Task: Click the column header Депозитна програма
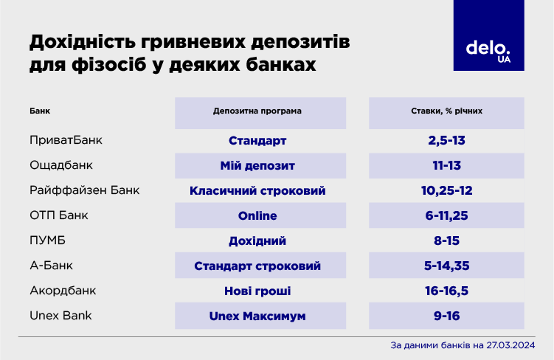point(257,111)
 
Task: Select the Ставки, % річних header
point(448,111)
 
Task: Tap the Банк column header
point(40,111)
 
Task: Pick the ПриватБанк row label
point(66,140)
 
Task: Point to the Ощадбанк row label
point(60,165)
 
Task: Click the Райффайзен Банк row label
point(85,190)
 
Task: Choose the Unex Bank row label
point(61,316)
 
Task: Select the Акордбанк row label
point(63,291)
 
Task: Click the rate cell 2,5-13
point(448,140)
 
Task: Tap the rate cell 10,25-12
point(448,190)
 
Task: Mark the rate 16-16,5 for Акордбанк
point(448,291)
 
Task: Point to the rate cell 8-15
point(448,240)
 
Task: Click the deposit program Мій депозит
point(257,165)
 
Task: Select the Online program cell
point(257,215)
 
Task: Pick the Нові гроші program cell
point(257,291)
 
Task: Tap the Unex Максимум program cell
point(257,316)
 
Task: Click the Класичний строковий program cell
point(257,190)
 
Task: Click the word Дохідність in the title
point(81,41)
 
